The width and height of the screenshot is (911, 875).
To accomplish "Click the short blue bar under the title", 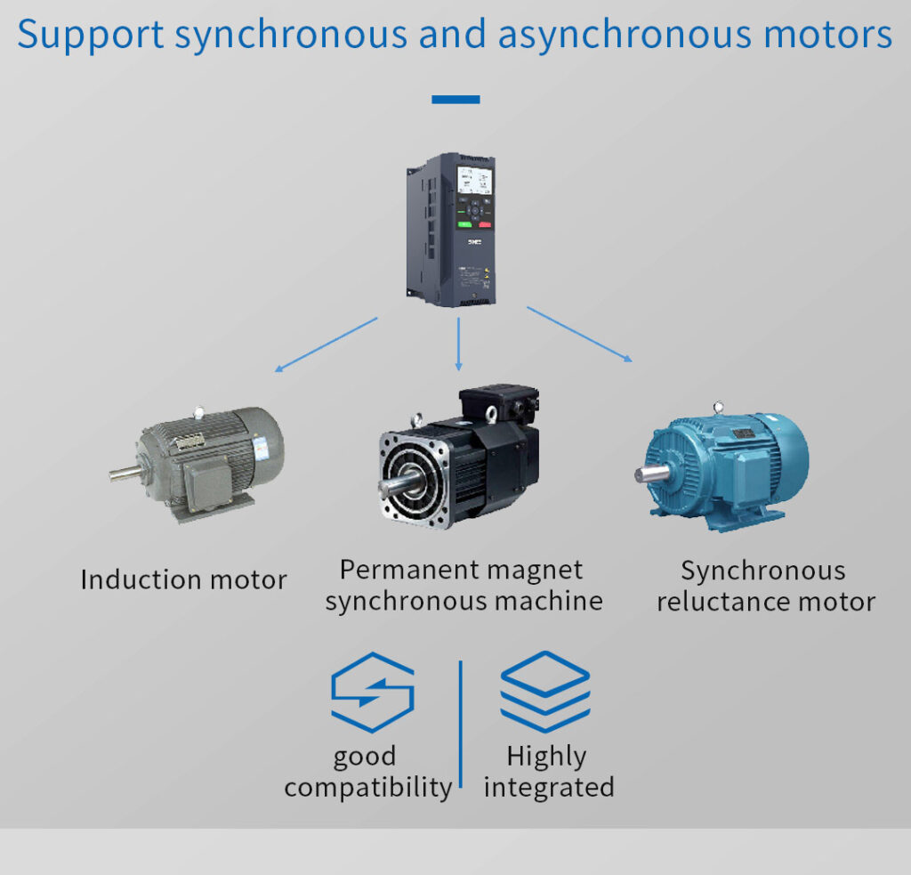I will [455, 100].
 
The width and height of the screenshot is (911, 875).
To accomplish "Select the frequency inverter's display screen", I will [474, 182].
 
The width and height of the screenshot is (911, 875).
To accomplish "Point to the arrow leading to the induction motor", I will [326, 344].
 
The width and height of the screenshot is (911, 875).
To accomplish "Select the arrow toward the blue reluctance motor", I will [580, 335].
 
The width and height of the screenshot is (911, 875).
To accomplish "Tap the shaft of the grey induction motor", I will [125, 474].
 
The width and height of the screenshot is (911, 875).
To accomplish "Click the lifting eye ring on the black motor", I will [415, 419].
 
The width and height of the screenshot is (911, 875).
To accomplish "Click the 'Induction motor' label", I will [183, 580].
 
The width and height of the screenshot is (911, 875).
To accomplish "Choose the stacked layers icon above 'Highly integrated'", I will [544, 691].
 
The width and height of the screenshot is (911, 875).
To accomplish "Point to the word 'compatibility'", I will [368, 788].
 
